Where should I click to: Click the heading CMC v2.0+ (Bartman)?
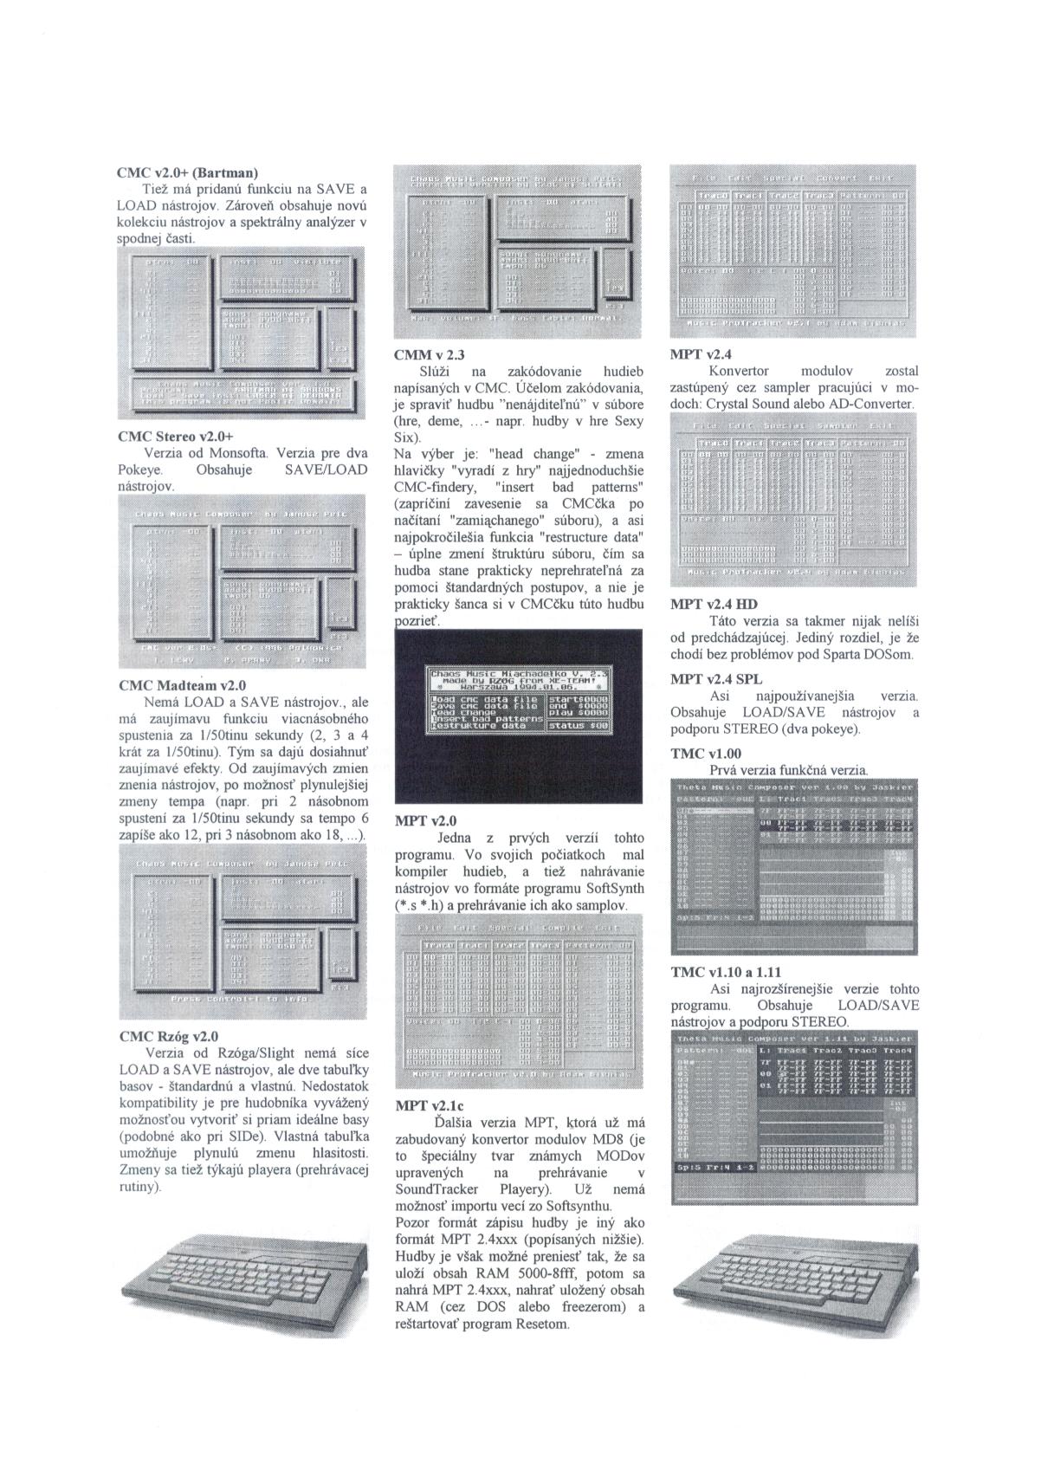(x=188, y=172)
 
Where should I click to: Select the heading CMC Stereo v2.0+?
(x=176, y=436)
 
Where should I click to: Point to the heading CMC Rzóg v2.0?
(x=168, y=1036)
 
